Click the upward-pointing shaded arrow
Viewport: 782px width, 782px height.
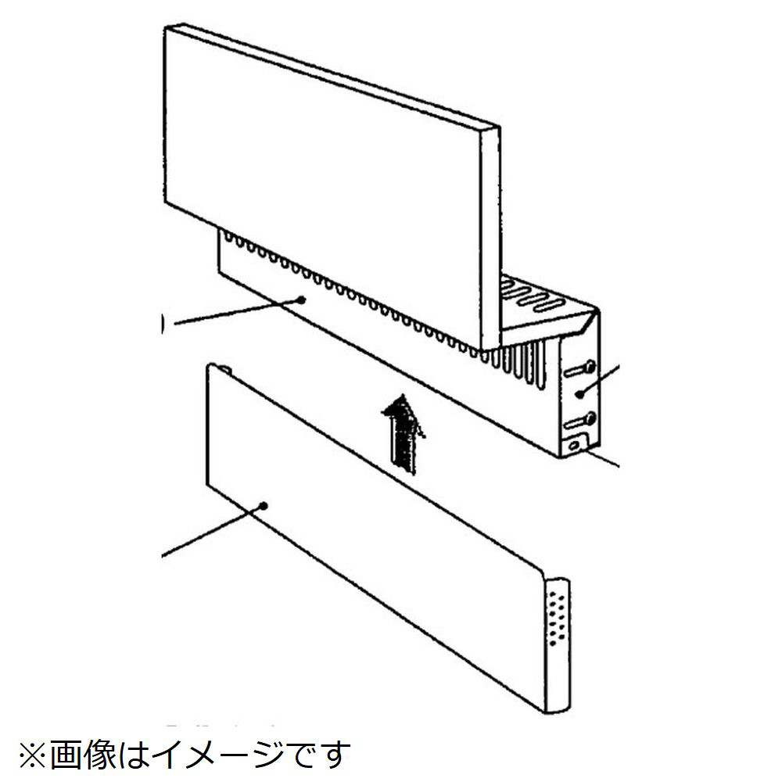tap(403, 435)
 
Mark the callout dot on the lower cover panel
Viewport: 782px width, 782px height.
tap(264, 506)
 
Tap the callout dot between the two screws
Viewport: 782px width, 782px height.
tap(579, 395)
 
